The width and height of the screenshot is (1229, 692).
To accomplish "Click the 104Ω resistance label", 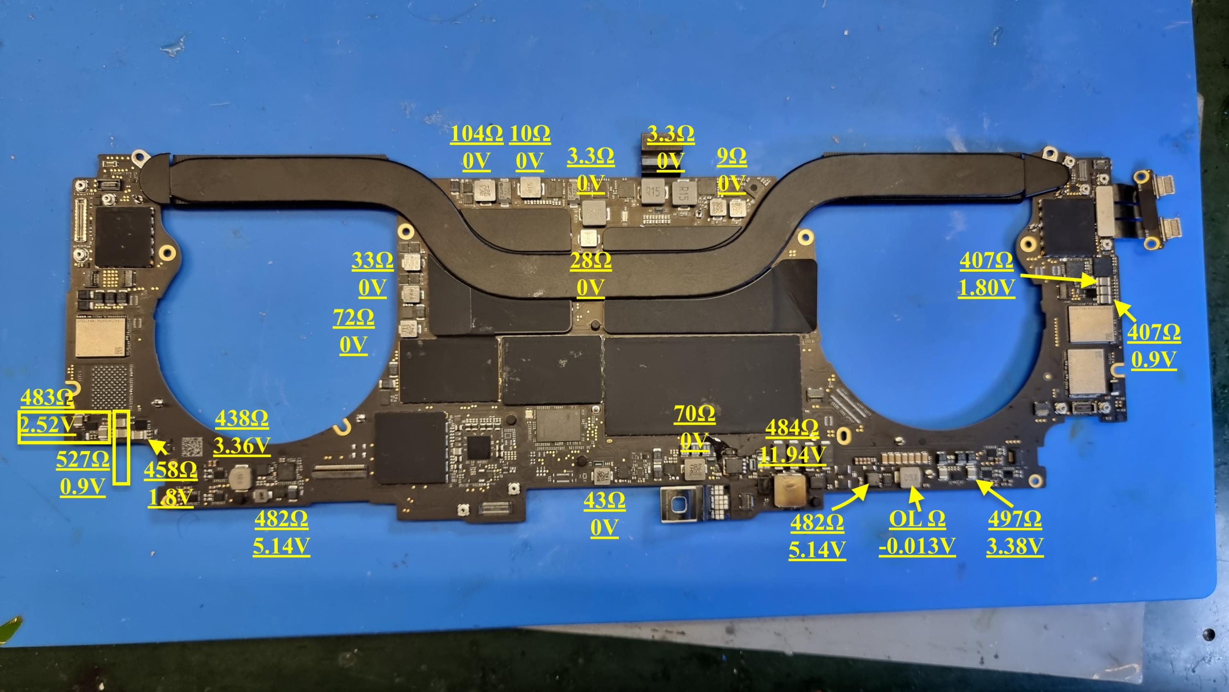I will pyautogui.click(x=476, y=134).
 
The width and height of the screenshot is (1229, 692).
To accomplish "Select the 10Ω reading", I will pyautogui.click(x=529, y=134).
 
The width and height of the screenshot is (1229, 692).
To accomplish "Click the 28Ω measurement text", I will pyautogui.click(x=590, y=261).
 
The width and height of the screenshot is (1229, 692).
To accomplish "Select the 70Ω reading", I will pyautogui.click(x=694, y=414).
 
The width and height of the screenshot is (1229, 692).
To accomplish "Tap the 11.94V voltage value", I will pyautogui.click(x=792, y=455).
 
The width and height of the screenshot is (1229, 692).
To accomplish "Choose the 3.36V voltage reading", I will pyautogui.click(x=241, y=446).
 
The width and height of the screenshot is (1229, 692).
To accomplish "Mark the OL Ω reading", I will pyautogui.click(x=916, y=519).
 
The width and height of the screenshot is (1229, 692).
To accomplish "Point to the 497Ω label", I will pyautogui.click(x=1014, y=519).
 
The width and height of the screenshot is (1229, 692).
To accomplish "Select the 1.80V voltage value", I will pyautogui.click(x=986, y=288).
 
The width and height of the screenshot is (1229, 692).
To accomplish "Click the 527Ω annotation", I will pyautogui.click(x=82, y=460).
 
